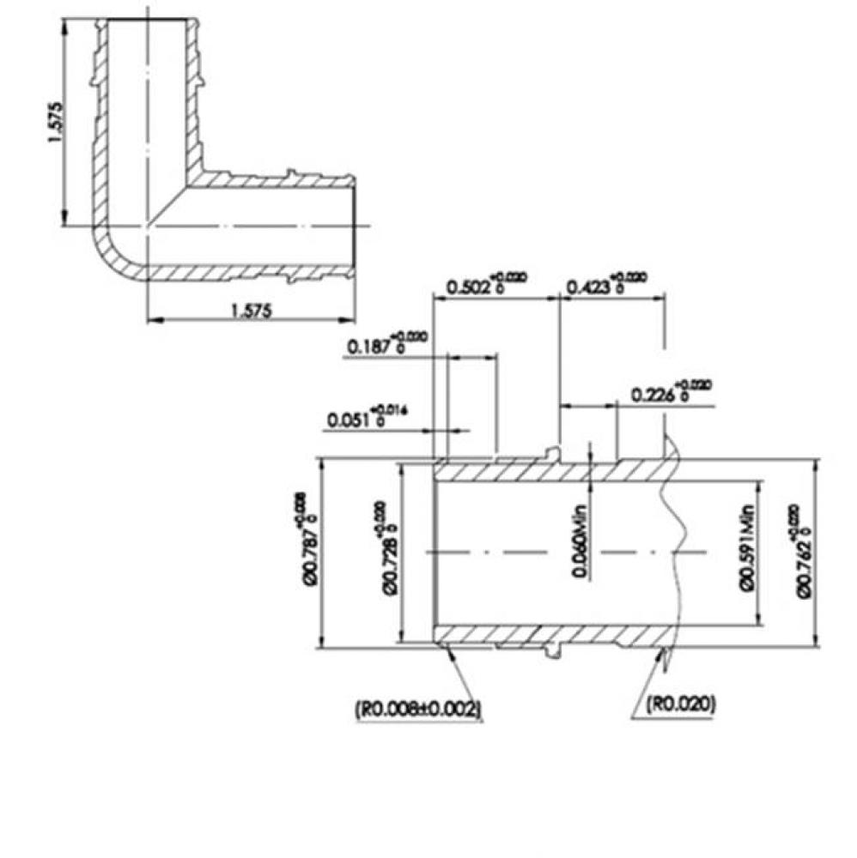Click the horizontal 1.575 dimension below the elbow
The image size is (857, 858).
click(x=251, y=311)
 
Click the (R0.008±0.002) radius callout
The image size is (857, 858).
click(x=417, y=708)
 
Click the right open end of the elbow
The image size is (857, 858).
click(x=354, y=227)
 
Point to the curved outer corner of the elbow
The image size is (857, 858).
click(x=110, y=257)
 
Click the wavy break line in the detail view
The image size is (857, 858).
click(x=674, y=549)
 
